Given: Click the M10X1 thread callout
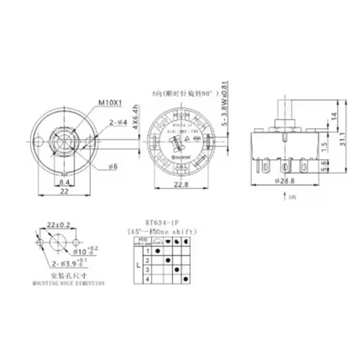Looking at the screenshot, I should click(110, 103).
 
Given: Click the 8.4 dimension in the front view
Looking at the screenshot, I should click(64, 182).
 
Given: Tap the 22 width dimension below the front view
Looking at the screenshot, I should click(64, 191).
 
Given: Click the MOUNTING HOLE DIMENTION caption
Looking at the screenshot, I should click(68, 283).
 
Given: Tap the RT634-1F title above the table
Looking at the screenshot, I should click(163, 223).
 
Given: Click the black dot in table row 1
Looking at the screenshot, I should click(158, 251).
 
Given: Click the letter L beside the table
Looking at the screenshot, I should click(138, 266).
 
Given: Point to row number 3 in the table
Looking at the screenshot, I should click(147, 269).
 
